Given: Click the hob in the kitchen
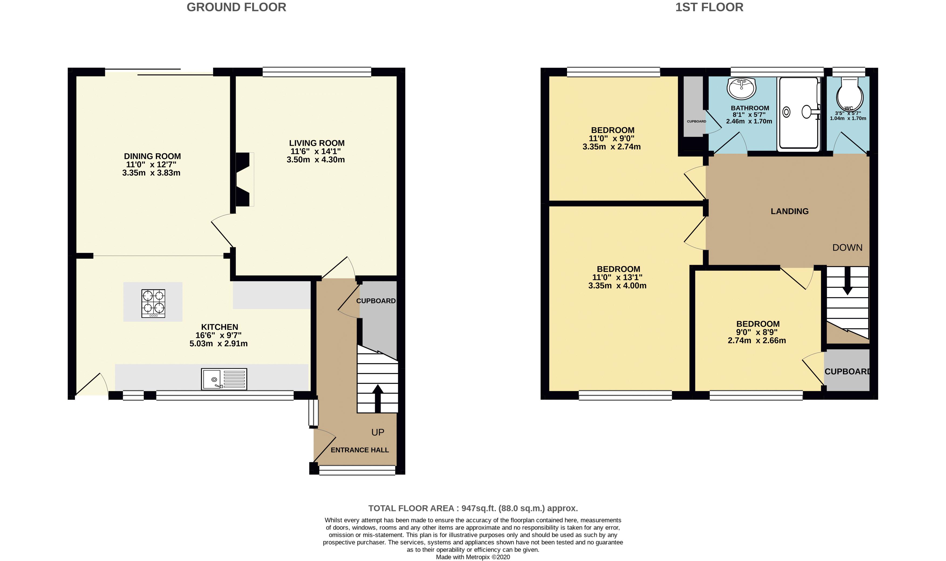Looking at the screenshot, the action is [x=153, y=303].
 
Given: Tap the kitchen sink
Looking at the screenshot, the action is [x=224, y=379].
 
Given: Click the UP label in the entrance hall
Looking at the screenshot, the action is [x=378, y=432].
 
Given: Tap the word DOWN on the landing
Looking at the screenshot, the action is [x=847, y=248].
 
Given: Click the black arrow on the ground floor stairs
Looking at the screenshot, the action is [x=378, y=398].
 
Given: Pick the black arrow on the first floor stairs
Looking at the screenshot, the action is [x=847, y=280].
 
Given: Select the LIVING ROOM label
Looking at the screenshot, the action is [x=317, y=143].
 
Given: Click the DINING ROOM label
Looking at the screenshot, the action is [x=152, y=156].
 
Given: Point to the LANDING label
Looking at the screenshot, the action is [x=790, y=211].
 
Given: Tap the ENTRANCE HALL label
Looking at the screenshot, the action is [x=360, y=450].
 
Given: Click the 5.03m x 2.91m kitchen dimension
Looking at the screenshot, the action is [x=218, y=344].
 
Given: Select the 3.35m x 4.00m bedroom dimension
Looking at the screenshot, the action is [x=617, y=286].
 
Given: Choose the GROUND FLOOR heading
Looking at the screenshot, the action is [x=236, y=7].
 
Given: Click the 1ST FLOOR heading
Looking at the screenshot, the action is [x=709, y=7].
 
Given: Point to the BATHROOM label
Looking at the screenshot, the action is [x=750, y=108].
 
